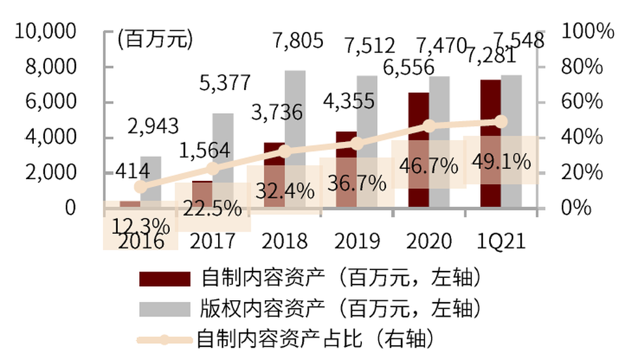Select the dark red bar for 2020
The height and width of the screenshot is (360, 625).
419,150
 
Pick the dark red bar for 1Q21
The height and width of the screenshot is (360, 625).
490,143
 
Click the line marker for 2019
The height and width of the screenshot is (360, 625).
355,144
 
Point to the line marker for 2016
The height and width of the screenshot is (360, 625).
141,187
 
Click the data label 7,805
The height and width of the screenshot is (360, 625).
299,42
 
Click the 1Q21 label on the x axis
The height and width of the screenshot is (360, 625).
499,241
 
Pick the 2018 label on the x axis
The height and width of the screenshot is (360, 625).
284,241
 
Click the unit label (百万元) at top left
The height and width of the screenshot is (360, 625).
155,39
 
